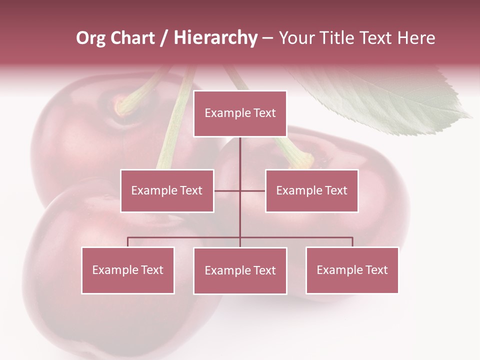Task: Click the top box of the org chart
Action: [240, 113]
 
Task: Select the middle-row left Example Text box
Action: [167, 190]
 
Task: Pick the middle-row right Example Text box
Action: [311, 190]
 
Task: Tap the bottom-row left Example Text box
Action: [128, 270]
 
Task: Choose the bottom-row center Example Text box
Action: [240, 270]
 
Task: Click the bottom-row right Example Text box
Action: [352, 270]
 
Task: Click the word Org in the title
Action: [90, 38]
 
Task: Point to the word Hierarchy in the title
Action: [215, 38]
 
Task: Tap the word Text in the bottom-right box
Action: [376, 270]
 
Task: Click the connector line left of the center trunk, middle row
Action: [227, 190]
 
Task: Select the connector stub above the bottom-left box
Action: [128, 242]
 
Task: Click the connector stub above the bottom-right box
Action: [352, 242]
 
